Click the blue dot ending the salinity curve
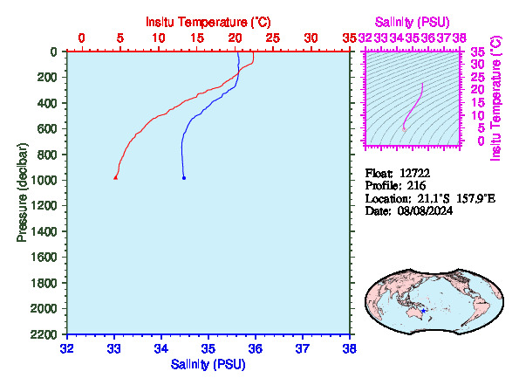(184, 178)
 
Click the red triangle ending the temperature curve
(115, 178)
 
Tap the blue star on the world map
(423, 311)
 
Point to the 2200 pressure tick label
(44, 335)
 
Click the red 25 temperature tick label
(273, 38)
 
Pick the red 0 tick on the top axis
(81, 38)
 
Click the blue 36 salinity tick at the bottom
(256, 348)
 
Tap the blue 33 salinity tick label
(114, 348)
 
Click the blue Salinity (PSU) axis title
(208, 364)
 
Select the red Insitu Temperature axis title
(208, 22)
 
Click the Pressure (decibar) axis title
(22, 192)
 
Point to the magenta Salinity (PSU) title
(412, 22)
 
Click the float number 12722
(414, 173)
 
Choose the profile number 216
(416, 186)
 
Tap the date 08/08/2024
(425, 210)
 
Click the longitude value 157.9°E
(476, 198)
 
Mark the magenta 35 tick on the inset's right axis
(477, 52)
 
